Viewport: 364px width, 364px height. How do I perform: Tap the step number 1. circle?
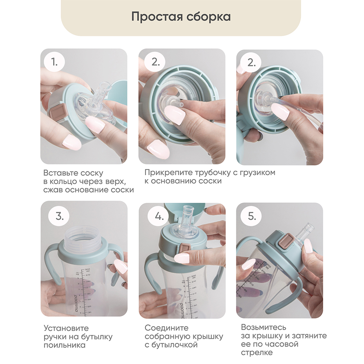tap(55, 62)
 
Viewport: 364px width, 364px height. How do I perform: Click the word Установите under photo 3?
tap(66, 328)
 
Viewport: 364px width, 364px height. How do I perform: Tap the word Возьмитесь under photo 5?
tap(264, 327)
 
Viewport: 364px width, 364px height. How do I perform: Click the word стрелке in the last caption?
tap(257, 353)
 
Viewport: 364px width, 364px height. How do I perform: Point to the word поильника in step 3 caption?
tap(65, 345)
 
